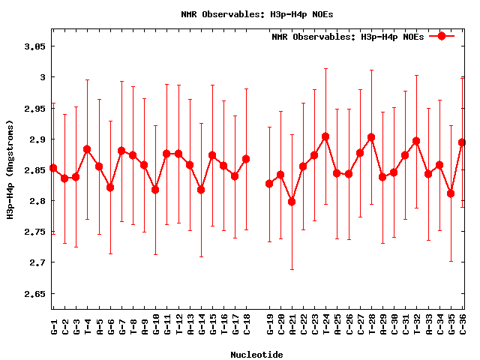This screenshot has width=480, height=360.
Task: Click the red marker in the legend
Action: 442,36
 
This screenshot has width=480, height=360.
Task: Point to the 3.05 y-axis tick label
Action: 34,46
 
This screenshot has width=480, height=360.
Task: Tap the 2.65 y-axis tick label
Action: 34,293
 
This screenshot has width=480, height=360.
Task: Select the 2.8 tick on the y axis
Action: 37,201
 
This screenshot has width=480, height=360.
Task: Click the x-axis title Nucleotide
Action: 256,355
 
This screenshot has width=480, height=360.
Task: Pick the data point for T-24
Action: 325,136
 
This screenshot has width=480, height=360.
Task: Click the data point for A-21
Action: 292,202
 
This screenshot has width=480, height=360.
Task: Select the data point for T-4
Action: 87,149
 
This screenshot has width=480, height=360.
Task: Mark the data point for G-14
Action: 201,190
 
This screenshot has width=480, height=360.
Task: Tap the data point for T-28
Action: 371,137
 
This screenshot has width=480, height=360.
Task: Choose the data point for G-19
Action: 269,184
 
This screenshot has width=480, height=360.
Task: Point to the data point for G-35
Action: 451,193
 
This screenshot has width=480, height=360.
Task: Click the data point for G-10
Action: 155,190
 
